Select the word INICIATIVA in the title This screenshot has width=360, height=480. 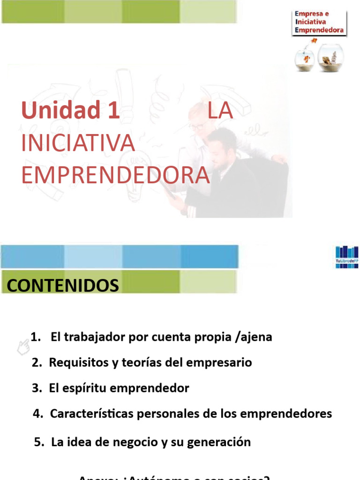click(78, 143)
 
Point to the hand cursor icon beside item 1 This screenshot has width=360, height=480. click(22, 347)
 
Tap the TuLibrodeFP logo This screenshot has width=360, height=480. click(347, 256)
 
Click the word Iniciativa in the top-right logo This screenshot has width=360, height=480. click(312, 22)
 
